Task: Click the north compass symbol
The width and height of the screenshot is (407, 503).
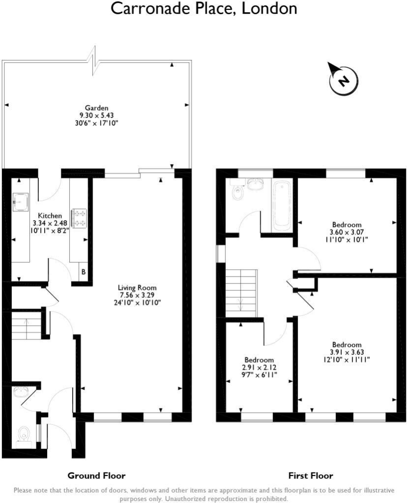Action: point(343,79)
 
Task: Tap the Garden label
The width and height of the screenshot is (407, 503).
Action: point(96,108)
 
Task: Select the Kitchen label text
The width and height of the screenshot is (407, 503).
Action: point(50,215)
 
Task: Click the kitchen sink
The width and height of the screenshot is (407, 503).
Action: point(21,202)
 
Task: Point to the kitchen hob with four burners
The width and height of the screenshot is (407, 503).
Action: point(79,218)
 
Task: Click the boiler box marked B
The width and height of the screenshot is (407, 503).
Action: point(83,272)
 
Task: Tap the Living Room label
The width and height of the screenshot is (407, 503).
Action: point(137,288)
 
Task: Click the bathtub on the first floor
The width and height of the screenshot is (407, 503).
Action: point(282,205)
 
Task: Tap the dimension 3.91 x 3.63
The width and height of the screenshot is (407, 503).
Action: point(347,352)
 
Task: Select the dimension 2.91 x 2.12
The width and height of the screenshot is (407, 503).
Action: point(259,367)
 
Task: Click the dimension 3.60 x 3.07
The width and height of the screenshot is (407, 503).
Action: point(347,232)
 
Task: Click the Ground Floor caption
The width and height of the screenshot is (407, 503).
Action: point(96,475)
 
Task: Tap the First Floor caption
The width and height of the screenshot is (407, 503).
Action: point(310,475)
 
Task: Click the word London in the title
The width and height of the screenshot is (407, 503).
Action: point(269,8)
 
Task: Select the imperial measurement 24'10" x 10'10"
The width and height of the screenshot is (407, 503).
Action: point(137,302)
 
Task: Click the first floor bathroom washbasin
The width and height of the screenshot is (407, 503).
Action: point(255,184)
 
